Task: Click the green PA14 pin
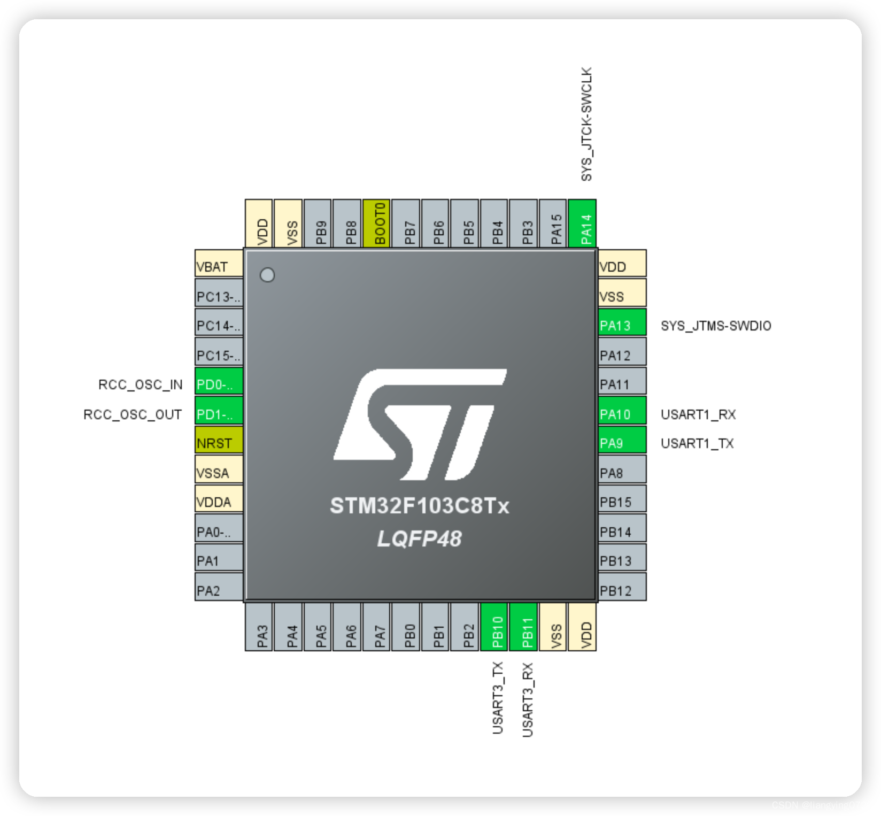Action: (x=582, y=224)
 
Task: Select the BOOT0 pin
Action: (x=376, y=224)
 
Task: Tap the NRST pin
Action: (x=219, y=443)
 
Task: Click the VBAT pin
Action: (x=219, y=266)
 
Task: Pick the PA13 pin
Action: (x=622, y=326)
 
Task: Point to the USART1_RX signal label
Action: (x=698, y=414)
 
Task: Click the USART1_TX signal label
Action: (x=697, y=443)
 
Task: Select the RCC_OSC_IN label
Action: (x=141, y=384)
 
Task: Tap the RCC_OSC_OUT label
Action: (x=133, y=414)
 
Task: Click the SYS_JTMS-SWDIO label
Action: (x=716, y=326)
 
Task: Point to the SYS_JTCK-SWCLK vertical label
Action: (x=586, y=124)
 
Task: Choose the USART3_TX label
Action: (x=498, y=698)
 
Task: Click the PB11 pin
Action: (x=524, y=627)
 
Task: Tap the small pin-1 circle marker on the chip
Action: (x=267, y=275)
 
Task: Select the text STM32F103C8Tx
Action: (x=420, y=506)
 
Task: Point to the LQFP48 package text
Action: (x=419, y=538)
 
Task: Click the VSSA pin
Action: (x=219, y=473)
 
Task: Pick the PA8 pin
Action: (x=622, y=473)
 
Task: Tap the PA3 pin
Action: (x=259, y=627)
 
